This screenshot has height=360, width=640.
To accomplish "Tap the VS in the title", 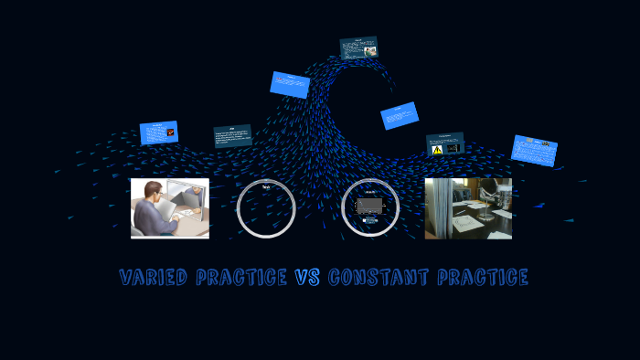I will point(307,277).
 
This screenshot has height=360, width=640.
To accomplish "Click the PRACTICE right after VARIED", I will point(242,277).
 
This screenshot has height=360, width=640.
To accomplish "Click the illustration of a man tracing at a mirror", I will point(170,208).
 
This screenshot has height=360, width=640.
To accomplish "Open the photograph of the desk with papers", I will point(468,208).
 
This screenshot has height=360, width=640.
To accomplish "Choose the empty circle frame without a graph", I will point(266,208).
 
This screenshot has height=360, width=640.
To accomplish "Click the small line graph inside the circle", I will point(369,208).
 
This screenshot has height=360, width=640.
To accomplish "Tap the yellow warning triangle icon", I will point(438,148).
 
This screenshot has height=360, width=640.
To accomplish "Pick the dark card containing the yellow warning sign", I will point(445,144).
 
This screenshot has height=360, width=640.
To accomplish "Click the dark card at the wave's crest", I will point(358,48).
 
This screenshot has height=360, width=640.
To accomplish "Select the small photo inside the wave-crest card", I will point(370,51).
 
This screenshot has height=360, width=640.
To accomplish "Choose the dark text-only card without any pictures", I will point(232,136).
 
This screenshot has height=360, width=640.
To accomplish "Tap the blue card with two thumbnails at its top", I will point(534,150).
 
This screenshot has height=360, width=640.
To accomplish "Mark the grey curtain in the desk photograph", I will point(438,208).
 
